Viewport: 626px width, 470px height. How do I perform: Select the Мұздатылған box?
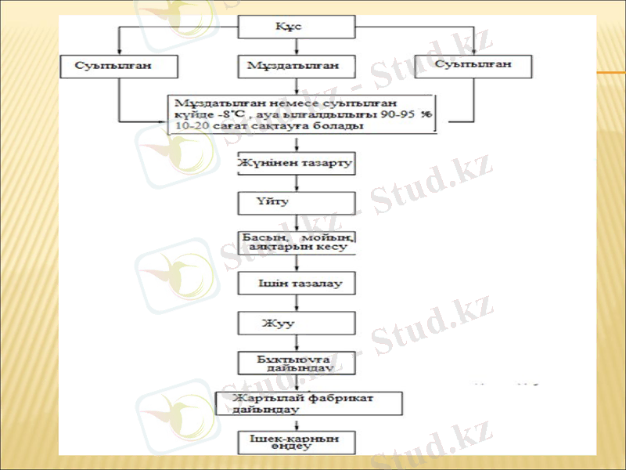(x=297, y=66)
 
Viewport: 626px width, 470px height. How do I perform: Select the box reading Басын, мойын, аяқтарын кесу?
(x=297, y=241)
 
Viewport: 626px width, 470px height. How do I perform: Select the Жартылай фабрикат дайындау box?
(x=308, y=403)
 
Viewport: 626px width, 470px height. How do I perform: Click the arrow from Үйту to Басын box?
(x=297, y=222)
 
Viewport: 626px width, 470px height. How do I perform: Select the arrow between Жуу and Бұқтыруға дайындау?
(x=297, y=342)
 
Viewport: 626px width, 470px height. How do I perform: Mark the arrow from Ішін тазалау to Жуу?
(x=297, y=302)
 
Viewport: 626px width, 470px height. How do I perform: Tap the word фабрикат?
(x=341, y=398)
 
